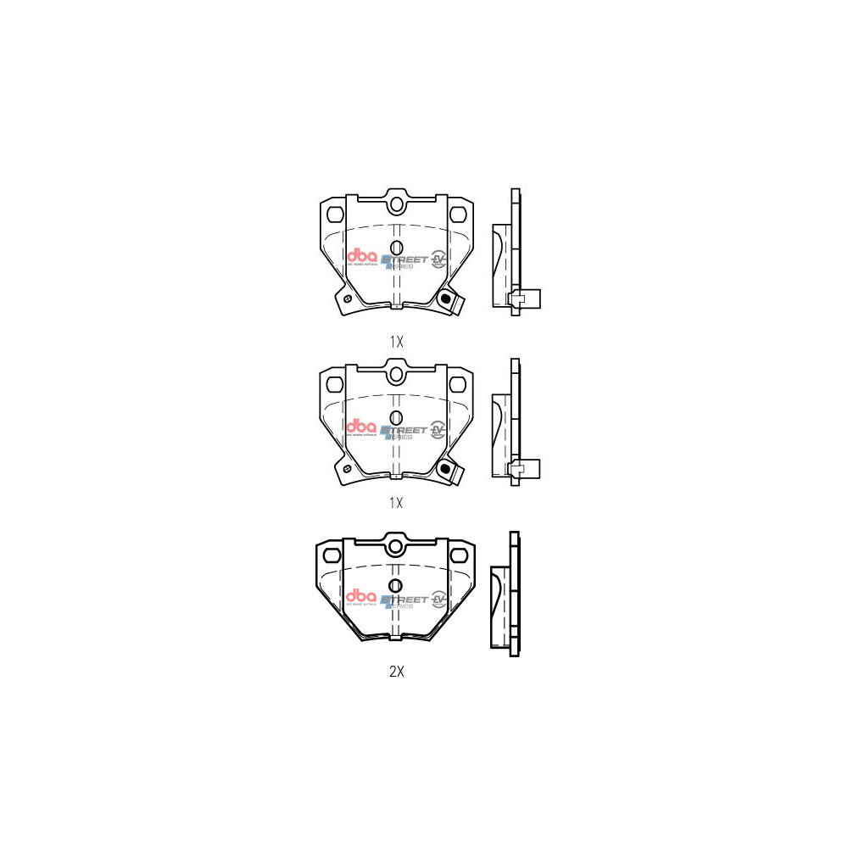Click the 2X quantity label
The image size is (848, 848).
click(x=396, y=672)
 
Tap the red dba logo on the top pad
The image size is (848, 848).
click(x=361, y=256)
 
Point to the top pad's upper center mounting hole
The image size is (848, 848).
click(x=396, y=204)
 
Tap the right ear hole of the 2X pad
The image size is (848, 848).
click(x=460, y=555)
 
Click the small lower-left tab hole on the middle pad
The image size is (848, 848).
click(x=346, y=469)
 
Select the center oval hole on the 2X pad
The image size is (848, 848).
click(x=395, y=585)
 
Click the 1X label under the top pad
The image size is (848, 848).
click(x=396, y=342)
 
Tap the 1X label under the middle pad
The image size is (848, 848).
click(x=396, y=502)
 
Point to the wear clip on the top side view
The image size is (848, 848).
click(x=521, y=298)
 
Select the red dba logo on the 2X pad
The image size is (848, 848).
click(x=361, y=597)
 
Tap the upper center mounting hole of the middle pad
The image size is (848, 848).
click(x=396, y=375)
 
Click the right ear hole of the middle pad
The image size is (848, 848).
click(x=459, y=382)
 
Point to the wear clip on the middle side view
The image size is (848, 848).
click(x=521, y=468)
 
